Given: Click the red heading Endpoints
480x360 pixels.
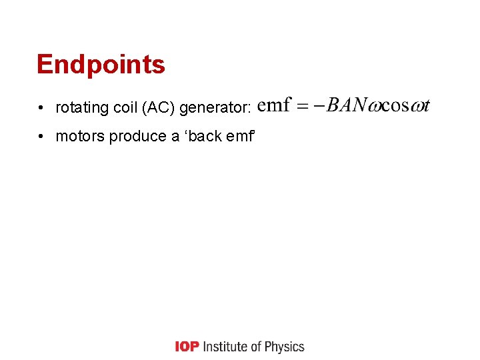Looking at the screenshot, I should point(101,65).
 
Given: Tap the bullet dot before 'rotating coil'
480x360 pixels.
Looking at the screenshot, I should point(41,107).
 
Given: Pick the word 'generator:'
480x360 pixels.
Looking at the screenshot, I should point(213,107).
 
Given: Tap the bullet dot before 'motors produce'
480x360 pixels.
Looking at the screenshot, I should point(41,137).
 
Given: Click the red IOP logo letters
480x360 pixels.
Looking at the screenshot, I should point(187,347).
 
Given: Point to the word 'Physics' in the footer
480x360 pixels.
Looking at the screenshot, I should point(285,347).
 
